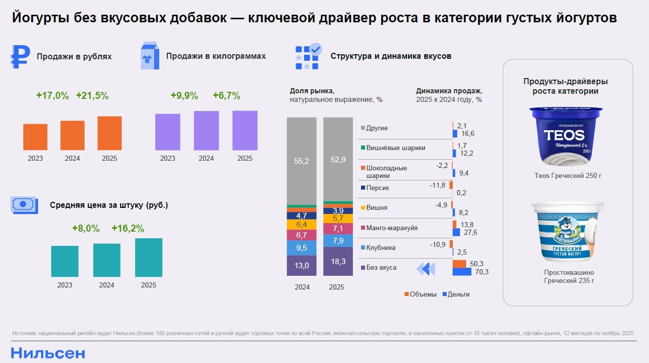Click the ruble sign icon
pyautogui.click(x=20, y=57)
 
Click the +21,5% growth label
pyautogui.click(x=92, y=95)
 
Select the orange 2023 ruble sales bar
pyautogui.click(x=35, y=137)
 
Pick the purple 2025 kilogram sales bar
pyautogui.click(x=245, y=130)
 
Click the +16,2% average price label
pyautogui.click(x=128, y=229)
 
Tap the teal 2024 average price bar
pyautogui.click(x=107, y=260)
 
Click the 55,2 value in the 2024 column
pyautogui.click(x=302, y=161)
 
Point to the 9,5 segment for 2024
pyautogui.click(x=302, y=248)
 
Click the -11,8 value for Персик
pyautogui.click(x=438, y=185)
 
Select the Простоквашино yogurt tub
pyautogui.click(x=568, y=231)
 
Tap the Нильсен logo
pyautogui.click(x=48, y=353)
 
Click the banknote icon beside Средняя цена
pyautogui.click(x=24, y=204)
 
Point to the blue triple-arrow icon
pyautogui.click(x=426, y=268)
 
